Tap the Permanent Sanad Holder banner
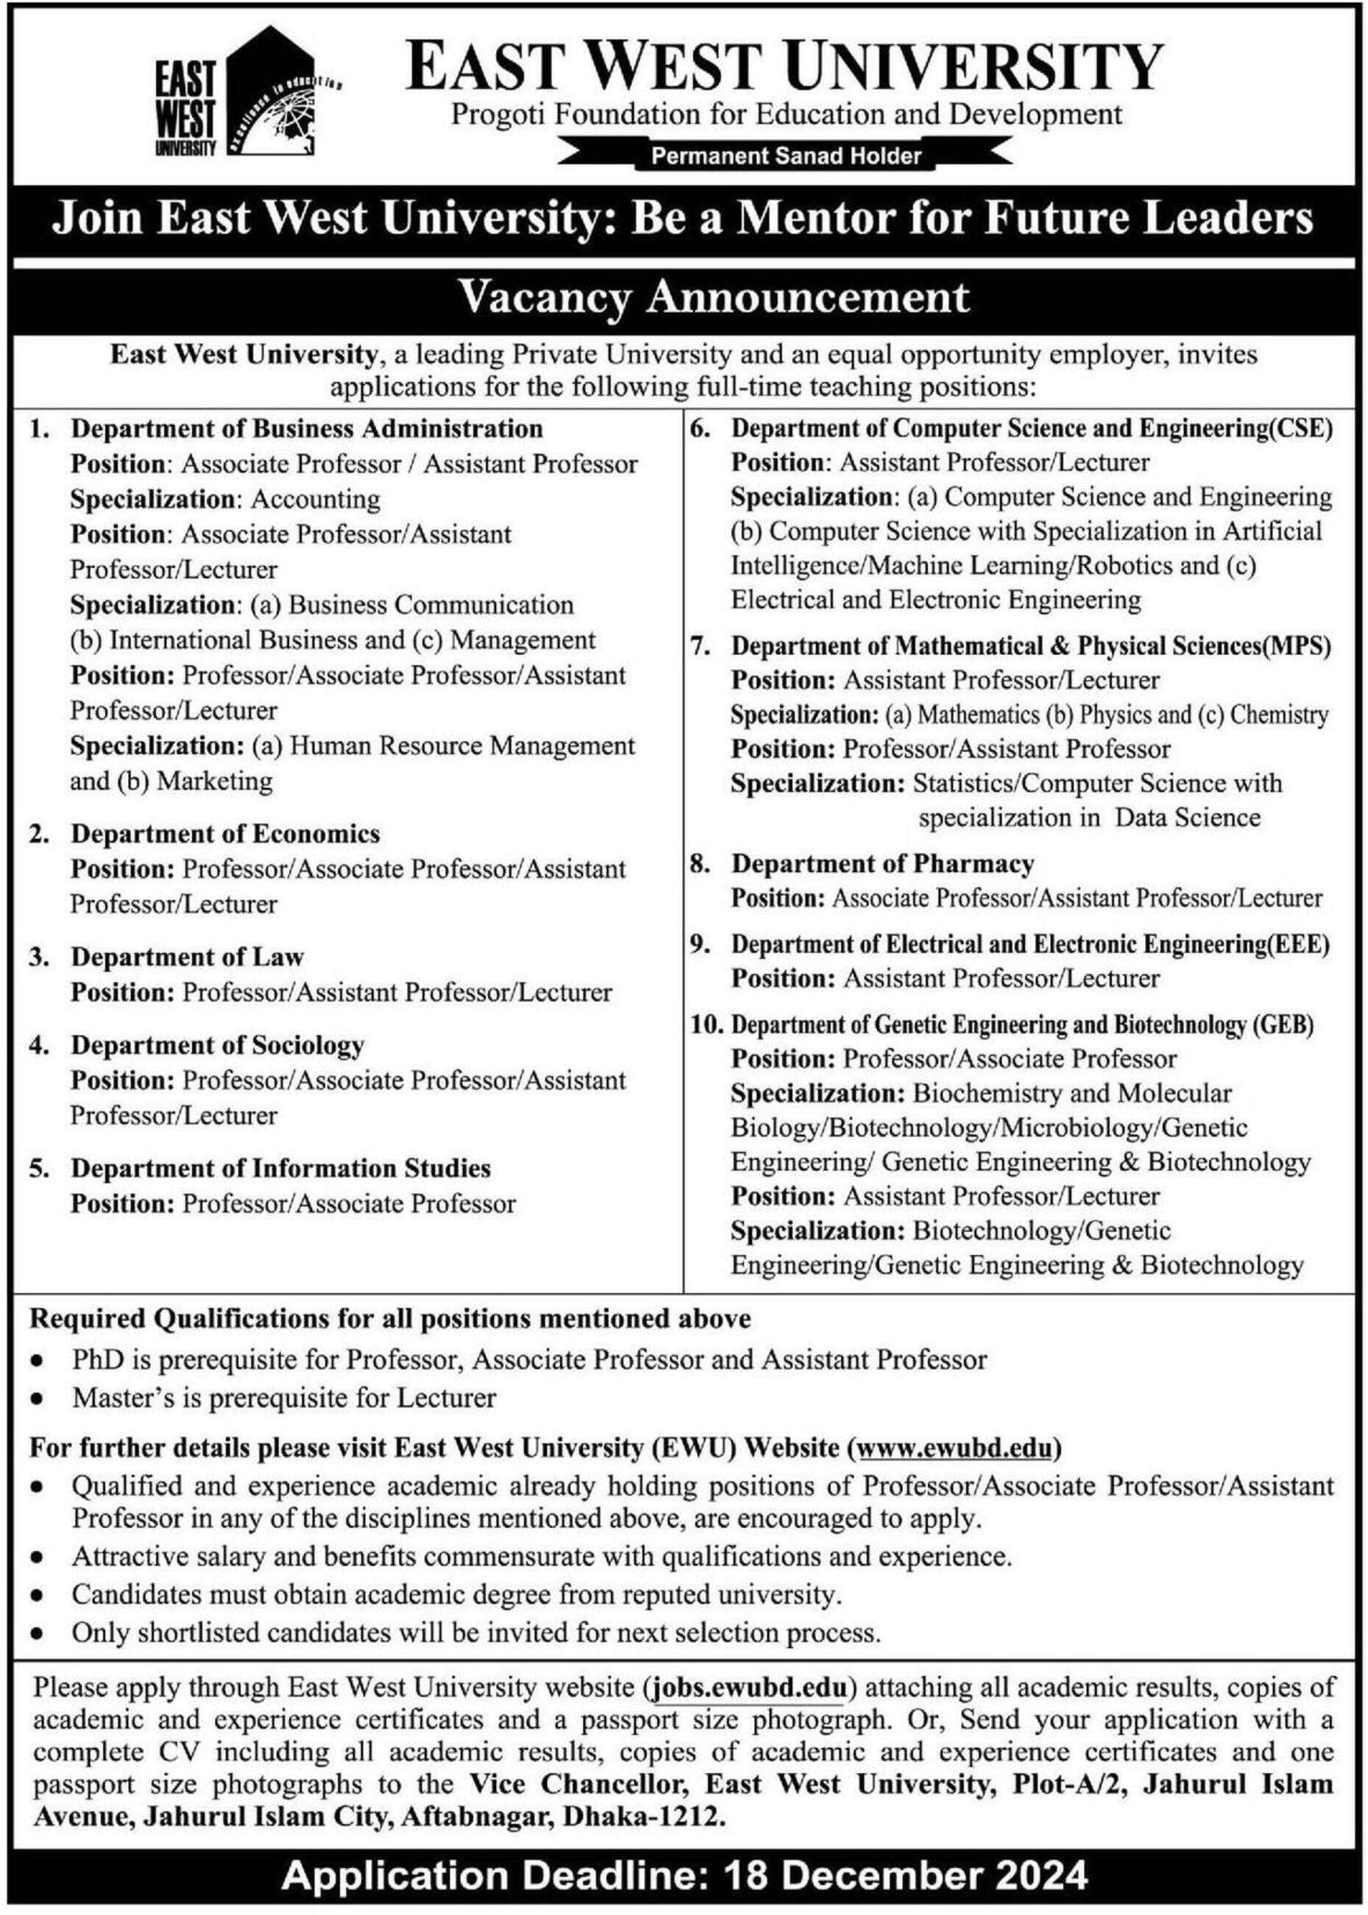(787, 155)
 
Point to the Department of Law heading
(187, 957)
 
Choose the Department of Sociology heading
(217, 1045)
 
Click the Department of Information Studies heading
(281, 1168)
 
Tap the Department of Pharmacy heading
(882, 864)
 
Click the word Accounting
(316, 500)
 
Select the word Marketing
(215, 782)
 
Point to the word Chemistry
(1279, 715)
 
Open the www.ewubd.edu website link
(954, 1448)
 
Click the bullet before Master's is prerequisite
(37, 1399)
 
